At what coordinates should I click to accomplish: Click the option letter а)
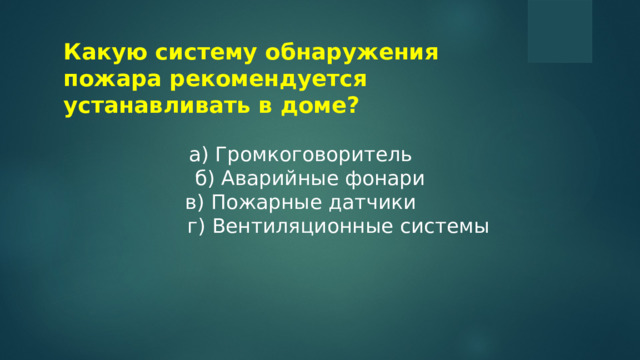click(197, 155)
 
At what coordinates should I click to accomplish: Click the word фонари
click(373, 179)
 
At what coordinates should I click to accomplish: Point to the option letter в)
click(195, 203)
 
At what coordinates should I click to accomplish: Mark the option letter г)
click(196, 227)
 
